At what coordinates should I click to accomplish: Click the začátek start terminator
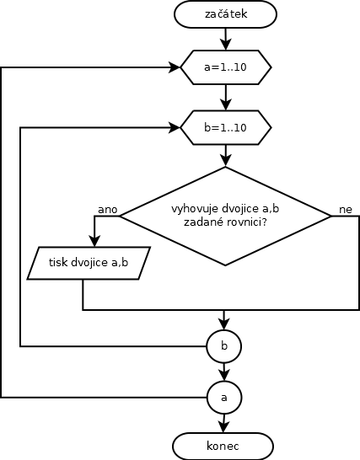[225, 14]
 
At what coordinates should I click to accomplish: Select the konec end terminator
[223, 447]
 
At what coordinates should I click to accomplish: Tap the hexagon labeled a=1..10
[225, 67]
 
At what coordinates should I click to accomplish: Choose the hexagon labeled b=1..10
[225, 127]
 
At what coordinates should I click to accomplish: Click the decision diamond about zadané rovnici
[225, 217]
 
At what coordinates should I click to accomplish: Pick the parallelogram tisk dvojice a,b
[89, 263]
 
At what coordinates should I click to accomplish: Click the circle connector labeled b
[224, 346]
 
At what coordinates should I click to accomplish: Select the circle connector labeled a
[224, 398]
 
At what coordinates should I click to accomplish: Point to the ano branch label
[107, 210]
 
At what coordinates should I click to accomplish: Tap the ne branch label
[346, 210]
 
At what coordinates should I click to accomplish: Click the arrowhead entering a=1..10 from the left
[175, 67]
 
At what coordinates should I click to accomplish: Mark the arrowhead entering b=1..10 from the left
[175, 127]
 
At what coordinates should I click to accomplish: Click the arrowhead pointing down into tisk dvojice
[94, 241]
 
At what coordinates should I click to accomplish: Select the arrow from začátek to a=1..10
[225, 39]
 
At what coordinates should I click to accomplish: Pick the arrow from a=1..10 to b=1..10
[225, 98]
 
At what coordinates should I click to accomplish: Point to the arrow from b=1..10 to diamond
[225, 156]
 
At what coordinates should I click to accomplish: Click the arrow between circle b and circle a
[224, 372]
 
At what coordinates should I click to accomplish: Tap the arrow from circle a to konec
[223, 424]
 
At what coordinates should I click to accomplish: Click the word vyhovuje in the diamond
[195, 209]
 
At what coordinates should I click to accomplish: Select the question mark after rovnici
[264, 222]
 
